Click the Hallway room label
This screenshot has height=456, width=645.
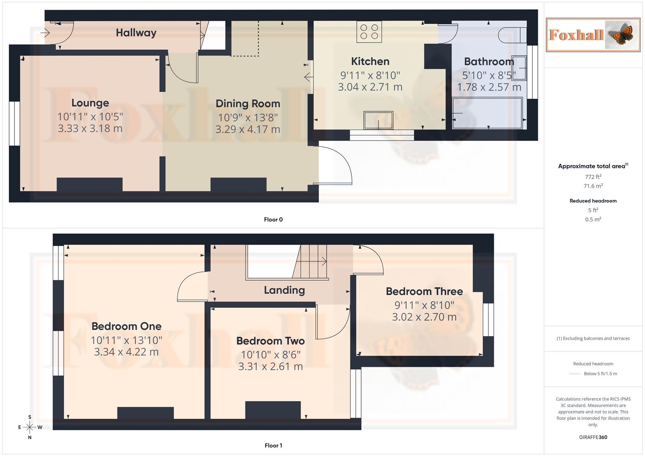[x=136, y=33]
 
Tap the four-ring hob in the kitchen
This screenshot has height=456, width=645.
[x=369, y=32]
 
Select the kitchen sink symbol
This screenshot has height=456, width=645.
[x=379, y=120]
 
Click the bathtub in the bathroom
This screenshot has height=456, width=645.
[x=487, y=113]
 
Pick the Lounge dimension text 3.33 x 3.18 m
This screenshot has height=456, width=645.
[x=90, y=128]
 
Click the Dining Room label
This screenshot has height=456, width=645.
[x=248, y=104]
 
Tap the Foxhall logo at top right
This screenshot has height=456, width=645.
[x=593, y=35]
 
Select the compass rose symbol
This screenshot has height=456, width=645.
[x=30, y=427]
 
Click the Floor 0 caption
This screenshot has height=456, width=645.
[x=273, y=220]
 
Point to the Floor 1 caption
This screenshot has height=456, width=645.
[x=273, y=445]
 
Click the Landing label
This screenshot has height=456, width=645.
[x=284, y=290]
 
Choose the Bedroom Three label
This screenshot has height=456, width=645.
[x=424, y=291]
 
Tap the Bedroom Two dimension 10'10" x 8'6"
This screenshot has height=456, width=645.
[x=270, y=355]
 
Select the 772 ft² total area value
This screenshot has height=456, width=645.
[x=593, y=177]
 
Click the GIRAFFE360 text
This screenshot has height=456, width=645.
[x=593, y=437]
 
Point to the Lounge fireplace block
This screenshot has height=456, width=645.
[x=90, y=185]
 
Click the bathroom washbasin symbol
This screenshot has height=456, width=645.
[x=519, y=68]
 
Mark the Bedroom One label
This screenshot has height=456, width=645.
[x=126, y=326]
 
